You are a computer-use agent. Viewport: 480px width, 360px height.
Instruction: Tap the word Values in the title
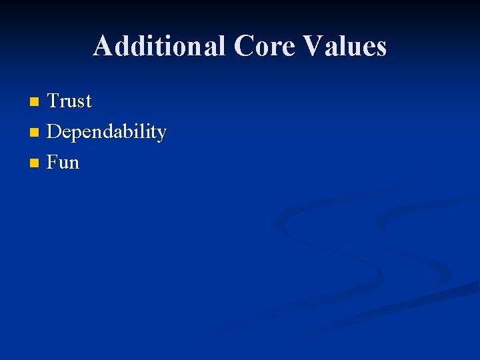point(345,46)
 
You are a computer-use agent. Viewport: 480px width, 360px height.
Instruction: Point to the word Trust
point(69,101)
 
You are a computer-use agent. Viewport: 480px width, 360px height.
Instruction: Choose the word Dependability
point(106,133)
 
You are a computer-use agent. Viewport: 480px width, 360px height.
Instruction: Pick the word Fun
point(63,163)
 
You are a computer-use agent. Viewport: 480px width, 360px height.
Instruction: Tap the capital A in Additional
point(103,46)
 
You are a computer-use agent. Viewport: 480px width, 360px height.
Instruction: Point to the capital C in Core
point(244,46)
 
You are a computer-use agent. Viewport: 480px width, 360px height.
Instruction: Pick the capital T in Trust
point(53,101)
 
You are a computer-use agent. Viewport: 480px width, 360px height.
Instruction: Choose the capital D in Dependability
point(54,132)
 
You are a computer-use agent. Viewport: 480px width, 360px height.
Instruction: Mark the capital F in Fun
point(53,163)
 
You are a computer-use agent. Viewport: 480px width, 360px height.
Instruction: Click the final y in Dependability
point(161,135)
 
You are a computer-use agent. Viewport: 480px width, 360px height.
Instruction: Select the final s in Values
point(381,48)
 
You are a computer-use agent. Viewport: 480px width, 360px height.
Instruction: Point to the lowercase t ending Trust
point(88,102)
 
